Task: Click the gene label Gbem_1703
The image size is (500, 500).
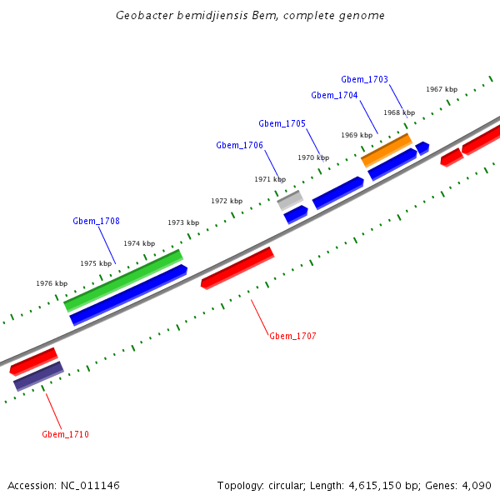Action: coord(364,79)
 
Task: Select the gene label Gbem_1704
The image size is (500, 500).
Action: coord(334,95)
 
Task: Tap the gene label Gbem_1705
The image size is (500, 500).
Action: coord(282,123)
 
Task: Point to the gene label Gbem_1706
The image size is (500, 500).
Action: coord(239,145)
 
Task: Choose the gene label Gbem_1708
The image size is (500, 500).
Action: coord(96,221)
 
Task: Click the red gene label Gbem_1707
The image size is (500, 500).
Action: coord(292,336)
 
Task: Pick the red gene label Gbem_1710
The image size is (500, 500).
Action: coord(65,434)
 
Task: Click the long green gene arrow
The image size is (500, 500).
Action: coord(123,280)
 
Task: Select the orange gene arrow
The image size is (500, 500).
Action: coord(386,150)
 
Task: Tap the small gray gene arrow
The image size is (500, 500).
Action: coord(290,199)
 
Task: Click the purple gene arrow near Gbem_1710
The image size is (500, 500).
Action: coord(38,376)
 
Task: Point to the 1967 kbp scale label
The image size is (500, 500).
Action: coord(442,89)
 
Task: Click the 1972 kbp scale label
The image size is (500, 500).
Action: coord(227,201)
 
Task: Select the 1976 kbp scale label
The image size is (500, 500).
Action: coord(52,283)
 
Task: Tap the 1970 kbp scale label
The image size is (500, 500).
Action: coord(313,157)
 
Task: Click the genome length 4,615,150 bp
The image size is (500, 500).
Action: coord(379,485)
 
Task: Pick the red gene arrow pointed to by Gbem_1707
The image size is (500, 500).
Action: coord(237,267)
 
